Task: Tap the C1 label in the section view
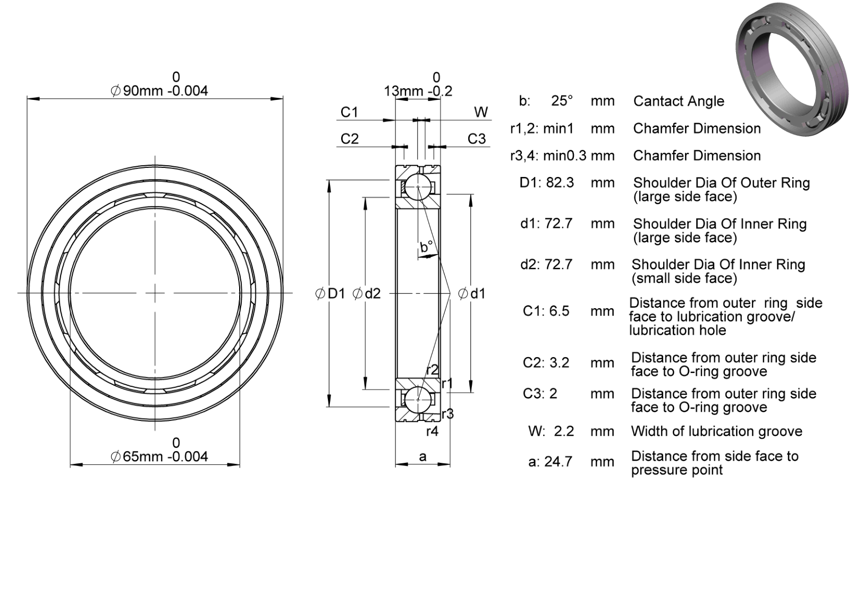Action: point(350,112)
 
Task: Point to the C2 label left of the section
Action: point(350,139)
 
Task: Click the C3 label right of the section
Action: point(477,139)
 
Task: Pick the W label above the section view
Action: point(481,112)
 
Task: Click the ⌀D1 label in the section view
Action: point(330,293)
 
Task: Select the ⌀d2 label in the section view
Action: point(366,293)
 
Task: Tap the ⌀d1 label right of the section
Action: point(471,293)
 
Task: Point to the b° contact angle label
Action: point(426,247)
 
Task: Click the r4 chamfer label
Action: point(432,431)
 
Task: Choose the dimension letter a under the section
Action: point(422,457)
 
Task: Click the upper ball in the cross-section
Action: point(418,187)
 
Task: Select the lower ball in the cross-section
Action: point(418,400)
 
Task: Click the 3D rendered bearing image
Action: point(792,69)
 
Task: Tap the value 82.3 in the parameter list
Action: point(560,183)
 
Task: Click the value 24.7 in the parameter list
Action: point(559,462)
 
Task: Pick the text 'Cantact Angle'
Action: point(679,101)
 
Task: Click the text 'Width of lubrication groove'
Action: point(716,431)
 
